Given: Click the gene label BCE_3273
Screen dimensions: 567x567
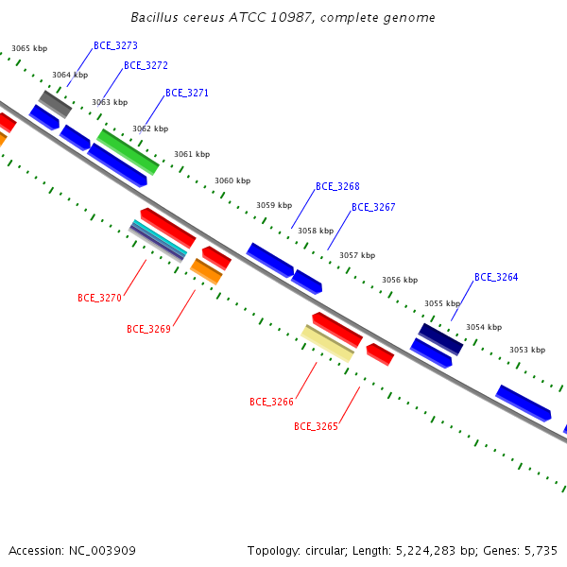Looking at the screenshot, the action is click(x=115, y=45).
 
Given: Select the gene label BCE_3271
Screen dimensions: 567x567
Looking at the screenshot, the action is click(x=187, y=93).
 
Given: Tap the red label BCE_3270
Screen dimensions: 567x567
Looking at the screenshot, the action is click(x=99, y=298).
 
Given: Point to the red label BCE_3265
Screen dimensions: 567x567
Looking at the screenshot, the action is click(x=316, y=426).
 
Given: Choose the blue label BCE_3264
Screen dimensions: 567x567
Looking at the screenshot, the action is click(x=496, y=277).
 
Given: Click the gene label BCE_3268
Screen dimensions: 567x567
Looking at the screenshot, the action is click(x=337, y=186).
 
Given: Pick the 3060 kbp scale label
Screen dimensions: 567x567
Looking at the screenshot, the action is click(x=232, y=180).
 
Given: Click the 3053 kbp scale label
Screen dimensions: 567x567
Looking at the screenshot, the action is click(x=527, y=350).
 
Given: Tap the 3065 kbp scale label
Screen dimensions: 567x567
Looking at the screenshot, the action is click(x=29, y=48).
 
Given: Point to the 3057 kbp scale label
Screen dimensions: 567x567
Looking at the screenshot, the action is click(x=357, y=255).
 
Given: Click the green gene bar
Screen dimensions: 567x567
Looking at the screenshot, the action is click(x=128, y=152).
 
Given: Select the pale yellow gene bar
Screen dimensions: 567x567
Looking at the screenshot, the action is click(x=327, y=344).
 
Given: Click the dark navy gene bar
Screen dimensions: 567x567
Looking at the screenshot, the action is click(x=440, y=339).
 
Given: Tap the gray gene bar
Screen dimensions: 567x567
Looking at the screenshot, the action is click(x=56, y=104).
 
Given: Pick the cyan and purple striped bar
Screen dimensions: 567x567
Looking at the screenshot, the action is click(x=158, y=240).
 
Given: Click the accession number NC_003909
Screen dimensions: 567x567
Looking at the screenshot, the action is click(x=102, y=551).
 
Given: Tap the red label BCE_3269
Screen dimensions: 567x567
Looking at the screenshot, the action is click(x=148, y=329).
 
